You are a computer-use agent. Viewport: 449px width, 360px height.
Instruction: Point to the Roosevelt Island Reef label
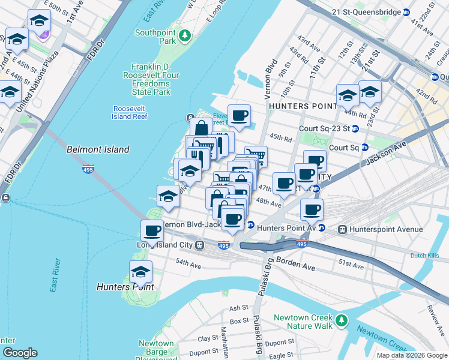130,112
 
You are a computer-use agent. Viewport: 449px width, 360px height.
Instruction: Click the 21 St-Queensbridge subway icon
406,11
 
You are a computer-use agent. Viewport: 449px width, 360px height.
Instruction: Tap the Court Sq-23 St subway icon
355,128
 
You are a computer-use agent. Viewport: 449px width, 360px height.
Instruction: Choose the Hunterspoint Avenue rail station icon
343,229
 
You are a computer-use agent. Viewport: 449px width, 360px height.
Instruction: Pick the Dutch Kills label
424,256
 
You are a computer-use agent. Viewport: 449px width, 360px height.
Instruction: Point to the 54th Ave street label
188,263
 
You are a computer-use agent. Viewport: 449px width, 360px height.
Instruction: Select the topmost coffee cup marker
239,115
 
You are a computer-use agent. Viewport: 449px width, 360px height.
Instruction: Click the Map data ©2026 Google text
411,355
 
